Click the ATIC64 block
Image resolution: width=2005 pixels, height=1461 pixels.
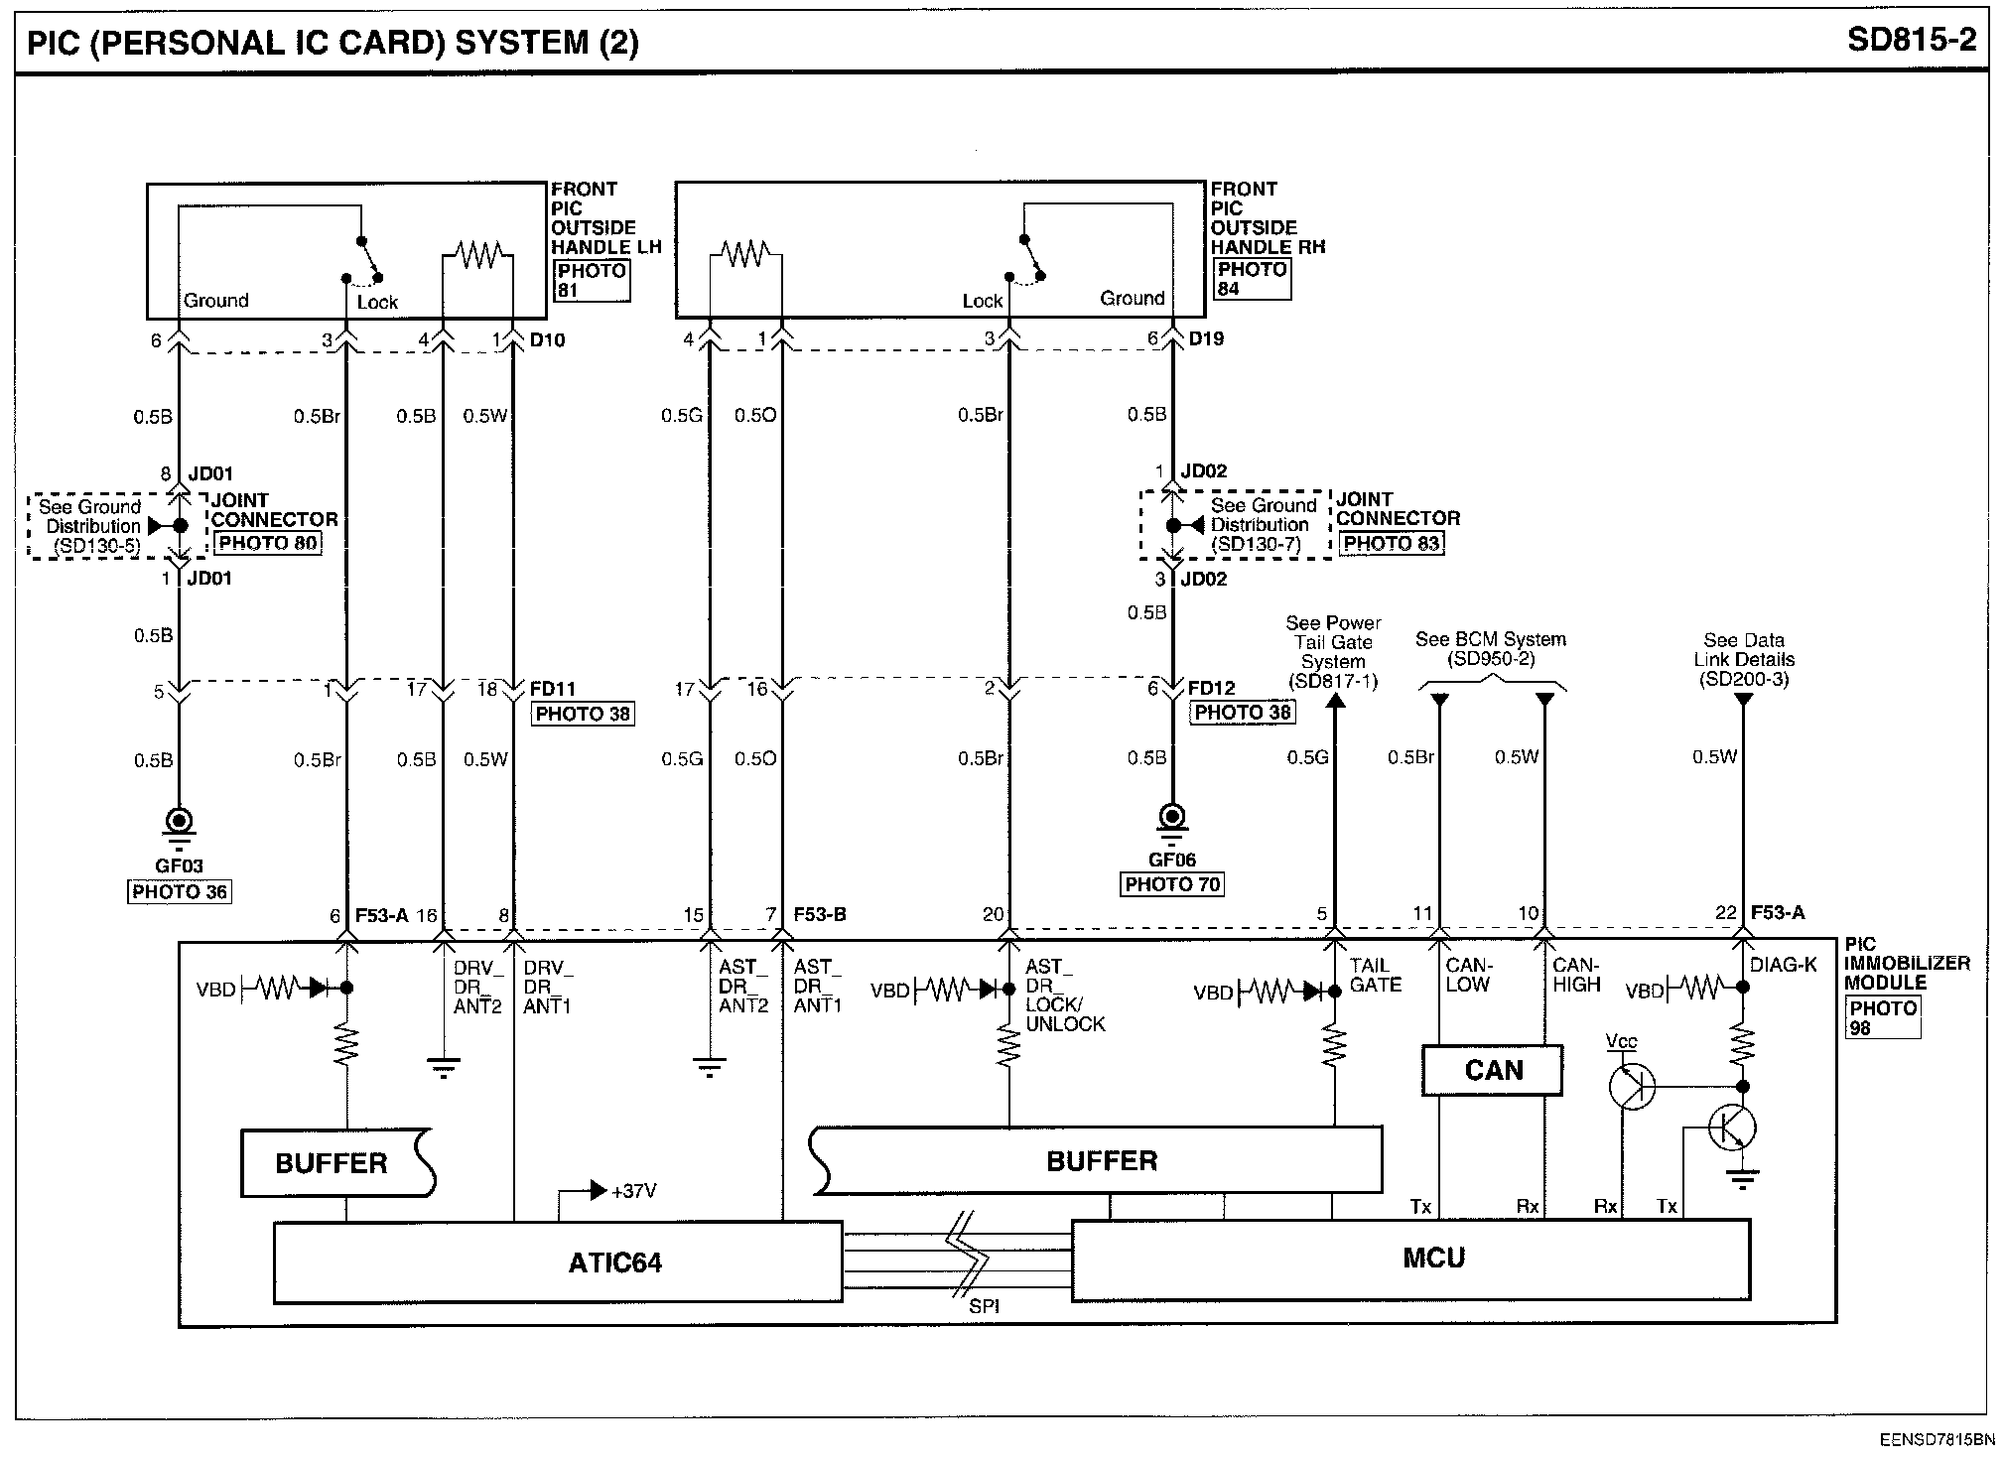point(558,1262)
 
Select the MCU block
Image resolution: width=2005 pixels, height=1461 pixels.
point(1410,1259)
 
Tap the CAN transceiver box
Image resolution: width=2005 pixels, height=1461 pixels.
point(1492,1070)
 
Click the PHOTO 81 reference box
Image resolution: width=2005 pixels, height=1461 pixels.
point(592,281)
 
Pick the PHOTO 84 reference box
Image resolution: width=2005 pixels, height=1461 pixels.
point(1252,279)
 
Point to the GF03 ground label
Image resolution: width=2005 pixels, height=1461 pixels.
point(179,865)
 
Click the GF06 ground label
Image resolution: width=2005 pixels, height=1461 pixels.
point(1172,860)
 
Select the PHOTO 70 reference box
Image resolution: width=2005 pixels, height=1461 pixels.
point(1172,884)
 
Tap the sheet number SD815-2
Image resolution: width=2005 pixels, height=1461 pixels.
point(1912,40)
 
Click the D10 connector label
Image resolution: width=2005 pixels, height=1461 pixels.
point(547,340)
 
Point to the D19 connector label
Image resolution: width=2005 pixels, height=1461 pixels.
point(1206,338)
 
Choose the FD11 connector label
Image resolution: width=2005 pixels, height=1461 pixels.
point(553,689)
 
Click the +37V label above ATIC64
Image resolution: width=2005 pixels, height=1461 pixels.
point(634,1190)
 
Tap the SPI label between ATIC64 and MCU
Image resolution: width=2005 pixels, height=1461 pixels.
point(984,1307)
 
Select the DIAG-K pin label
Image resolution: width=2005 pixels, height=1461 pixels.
point(1784,965)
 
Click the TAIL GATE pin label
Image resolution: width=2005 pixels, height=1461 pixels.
point(1376,975)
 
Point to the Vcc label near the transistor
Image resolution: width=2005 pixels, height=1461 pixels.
point(1621,1042)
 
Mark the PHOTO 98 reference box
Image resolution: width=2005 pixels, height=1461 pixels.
point(1883,1018)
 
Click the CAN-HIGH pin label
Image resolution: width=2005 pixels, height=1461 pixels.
point(1577,975)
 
